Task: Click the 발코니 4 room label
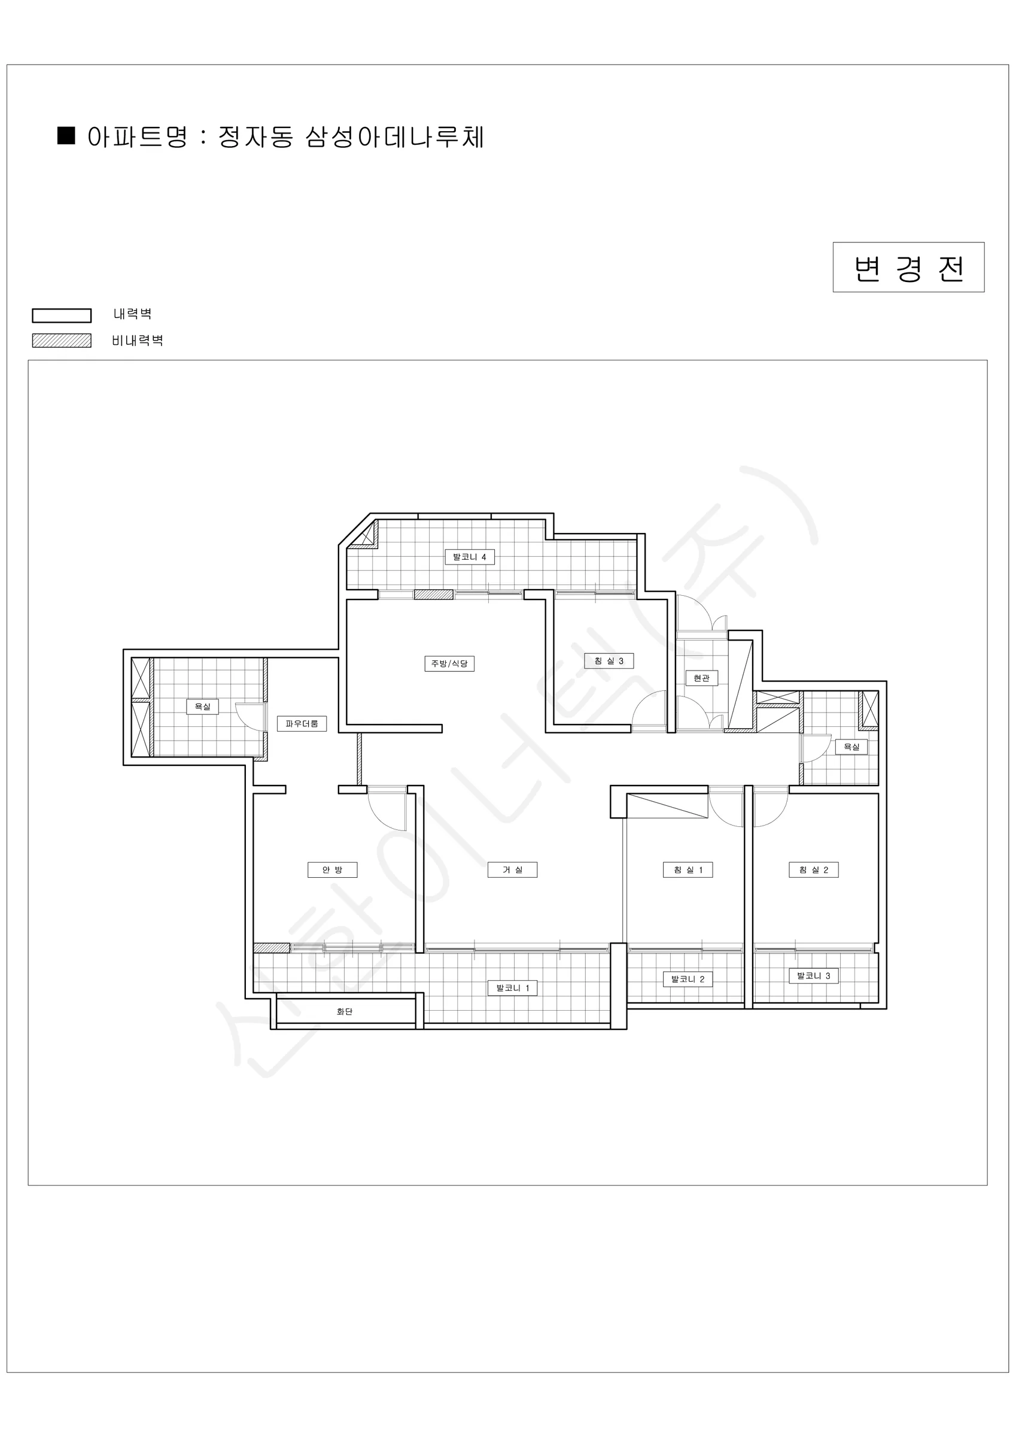coord(470,557)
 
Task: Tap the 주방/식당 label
coord(449,663)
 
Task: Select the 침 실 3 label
coord(609,661)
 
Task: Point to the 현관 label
coord(701,678)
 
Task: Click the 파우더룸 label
coord(302,723)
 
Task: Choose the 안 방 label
coord(332,870)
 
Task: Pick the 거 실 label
coord(512,870)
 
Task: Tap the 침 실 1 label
coord(688,870)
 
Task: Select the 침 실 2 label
coord(813,870)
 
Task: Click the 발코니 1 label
coord(512,989)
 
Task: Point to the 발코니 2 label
coord(688,980)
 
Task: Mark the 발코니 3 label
coord(813,976)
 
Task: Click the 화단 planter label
coord(345,1011)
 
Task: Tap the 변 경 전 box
coord(908,267)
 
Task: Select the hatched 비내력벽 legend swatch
coord(62,341)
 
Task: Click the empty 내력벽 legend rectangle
coord(62,316)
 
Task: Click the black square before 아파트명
coord(66,136)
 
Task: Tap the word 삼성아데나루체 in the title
coord(395,137)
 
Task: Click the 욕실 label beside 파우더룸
coord(203,707)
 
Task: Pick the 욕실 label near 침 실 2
coord(851,747)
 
